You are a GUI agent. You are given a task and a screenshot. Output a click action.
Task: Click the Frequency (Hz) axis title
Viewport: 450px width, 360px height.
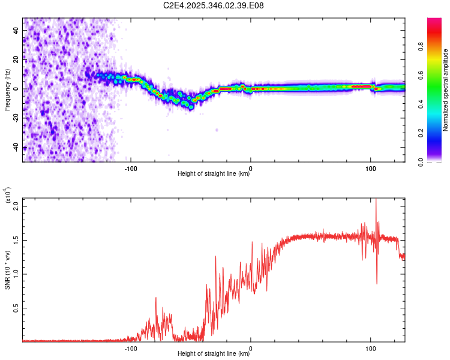[x=7, y=89]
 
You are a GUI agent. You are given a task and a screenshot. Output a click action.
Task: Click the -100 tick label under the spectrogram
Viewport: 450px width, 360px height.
[x=131, y=168]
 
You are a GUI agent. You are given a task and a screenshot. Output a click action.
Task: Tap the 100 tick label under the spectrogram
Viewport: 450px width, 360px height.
[x=371, y=168]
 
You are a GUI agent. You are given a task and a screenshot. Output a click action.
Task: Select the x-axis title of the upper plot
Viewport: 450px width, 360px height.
[x=214, y=175]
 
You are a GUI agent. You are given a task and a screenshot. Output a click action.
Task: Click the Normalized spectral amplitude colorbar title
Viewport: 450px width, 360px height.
[x=446, y=89]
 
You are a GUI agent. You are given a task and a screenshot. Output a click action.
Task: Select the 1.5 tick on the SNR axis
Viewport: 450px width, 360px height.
[x=16, y=240]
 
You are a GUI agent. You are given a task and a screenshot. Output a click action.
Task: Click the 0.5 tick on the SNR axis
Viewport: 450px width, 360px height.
[x=16, y=308]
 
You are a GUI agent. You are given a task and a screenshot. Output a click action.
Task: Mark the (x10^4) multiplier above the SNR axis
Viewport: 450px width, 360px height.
[x=8, y=195]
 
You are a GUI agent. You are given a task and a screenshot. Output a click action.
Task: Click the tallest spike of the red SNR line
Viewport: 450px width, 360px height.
[x=376, y=200]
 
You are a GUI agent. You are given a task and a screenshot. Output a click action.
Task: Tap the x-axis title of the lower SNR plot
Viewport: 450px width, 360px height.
[x=214, y=354]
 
